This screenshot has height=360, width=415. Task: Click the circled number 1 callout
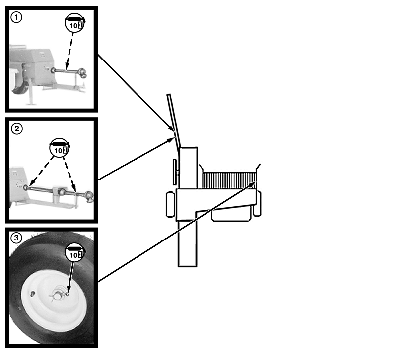(x=16, y=17)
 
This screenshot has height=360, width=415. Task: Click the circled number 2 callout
(x=17, y=129)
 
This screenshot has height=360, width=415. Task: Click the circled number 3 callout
(x=16, y=238)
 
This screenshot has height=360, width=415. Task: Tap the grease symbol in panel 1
(x=75, y=23)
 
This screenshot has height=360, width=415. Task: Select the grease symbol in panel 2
(x=60, y=148)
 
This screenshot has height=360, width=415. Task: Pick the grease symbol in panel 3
(x=75, y=252)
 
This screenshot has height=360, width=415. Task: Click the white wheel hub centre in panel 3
(x=58, y=294)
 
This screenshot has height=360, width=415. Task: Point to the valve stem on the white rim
(x=33, y=294)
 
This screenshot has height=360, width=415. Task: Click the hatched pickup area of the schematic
(x=229, y=180)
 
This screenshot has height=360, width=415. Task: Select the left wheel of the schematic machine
(x=170, y=205)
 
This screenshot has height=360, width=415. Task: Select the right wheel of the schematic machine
(x=257, y=203)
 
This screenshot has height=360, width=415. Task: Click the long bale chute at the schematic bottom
(x=187, y=243)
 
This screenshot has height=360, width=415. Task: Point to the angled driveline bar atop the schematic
(x=174, y=121)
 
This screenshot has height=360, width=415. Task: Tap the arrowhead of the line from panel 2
(x=170, y=140)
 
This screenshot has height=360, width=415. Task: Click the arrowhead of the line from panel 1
(x=171, y=128)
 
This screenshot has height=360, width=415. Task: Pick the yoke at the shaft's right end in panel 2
(x=89, y=197)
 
